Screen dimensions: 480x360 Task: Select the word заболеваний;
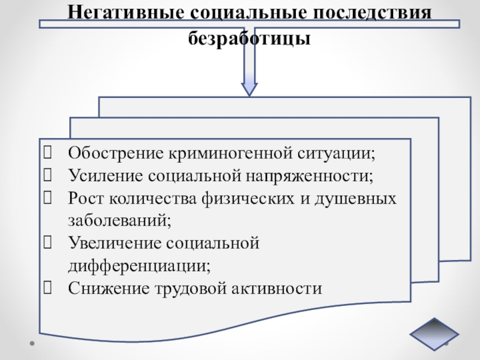[x=119, y=220]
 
